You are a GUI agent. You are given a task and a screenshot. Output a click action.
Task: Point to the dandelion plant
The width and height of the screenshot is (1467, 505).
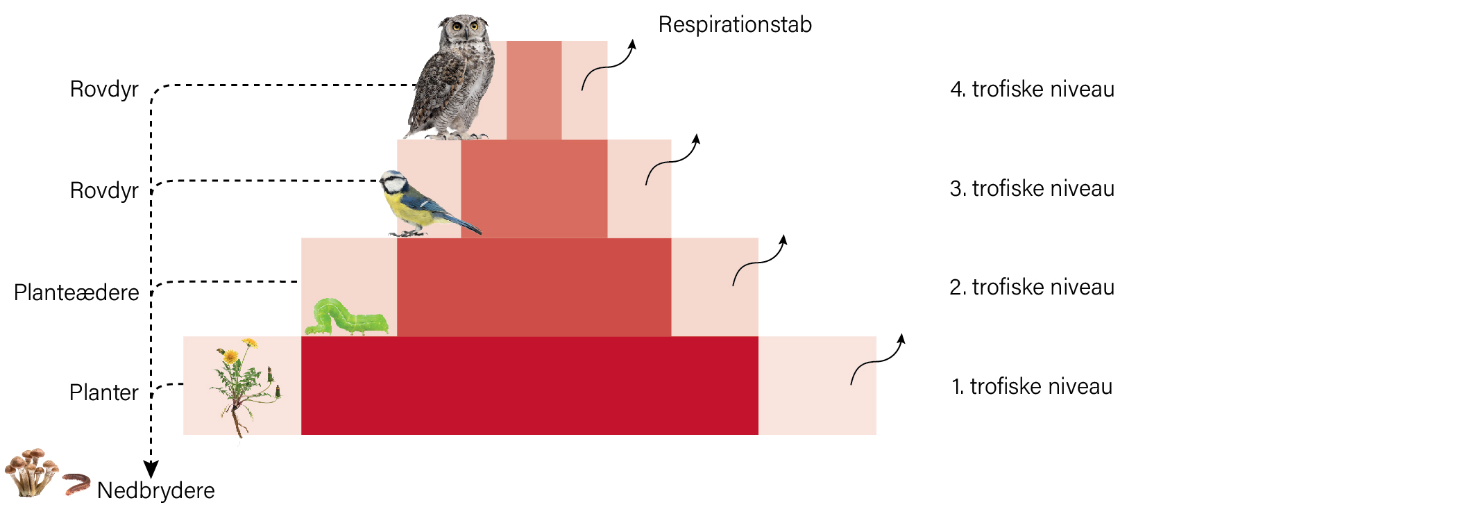245,386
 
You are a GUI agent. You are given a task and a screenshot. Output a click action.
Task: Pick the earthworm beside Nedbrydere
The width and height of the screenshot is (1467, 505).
76,483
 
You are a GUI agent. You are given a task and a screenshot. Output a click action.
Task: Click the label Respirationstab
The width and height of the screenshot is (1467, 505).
735,24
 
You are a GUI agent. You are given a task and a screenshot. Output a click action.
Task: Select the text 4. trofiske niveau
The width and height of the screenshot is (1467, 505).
1032,89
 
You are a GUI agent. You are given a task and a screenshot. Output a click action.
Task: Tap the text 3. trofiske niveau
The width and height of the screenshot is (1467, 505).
1032,188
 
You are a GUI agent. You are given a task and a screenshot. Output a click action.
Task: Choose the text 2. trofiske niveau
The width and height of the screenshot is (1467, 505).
1032,287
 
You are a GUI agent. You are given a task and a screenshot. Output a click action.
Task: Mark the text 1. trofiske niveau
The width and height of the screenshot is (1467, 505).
1032,386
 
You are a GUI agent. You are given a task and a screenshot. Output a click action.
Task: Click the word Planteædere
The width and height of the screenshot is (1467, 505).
76,292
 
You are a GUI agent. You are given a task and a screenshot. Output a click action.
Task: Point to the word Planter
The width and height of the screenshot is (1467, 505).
104,392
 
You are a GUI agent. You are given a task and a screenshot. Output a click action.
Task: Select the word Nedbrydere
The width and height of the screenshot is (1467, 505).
156,490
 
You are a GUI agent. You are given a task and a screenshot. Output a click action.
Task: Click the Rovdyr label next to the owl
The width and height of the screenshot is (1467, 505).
104,89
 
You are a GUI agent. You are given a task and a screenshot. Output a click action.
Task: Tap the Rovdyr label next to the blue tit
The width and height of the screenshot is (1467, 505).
104,190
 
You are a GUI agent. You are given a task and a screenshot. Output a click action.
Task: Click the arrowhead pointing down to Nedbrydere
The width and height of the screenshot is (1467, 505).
151,470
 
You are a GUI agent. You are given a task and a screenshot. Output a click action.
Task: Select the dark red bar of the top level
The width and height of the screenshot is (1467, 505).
534,90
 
